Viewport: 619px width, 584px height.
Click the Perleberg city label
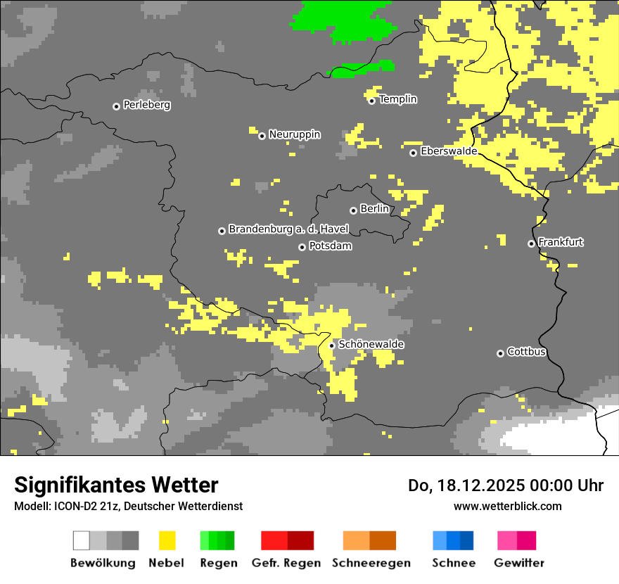[x=146, y=105]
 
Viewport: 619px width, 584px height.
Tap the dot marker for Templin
[x=372, y=101]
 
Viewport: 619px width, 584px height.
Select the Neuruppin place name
[x=294, y=134]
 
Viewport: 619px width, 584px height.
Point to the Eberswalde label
[x=448, y=151]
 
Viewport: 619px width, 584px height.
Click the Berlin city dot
[x=353, y=210]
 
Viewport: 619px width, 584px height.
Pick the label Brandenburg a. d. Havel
[x=288, y=229]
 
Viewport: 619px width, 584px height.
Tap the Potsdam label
[x=330, y=246]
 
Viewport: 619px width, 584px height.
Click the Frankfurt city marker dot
[x=531, y=243]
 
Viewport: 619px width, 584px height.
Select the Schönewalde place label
[x=371, y=344]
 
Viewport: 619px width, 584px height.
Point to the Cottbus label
[x=526, y=352]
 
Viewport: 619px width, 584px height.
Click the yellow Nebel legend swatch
[x=167, y=540]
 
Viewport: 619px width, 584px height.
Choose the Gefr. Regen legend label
[x=286, y=563]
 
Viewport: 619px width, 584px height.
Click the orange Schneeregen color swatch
[x=369, y=540]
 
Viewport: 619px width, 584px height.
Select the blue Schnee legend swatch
[x=452, y=540]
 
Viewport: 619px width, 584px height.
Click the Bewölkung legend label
[x=103, y=563]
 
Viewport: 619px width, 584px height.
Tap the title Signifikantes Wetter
[x=116, y=485]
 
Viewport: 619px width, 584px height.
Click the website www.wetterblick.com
[x=507, y=506]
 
